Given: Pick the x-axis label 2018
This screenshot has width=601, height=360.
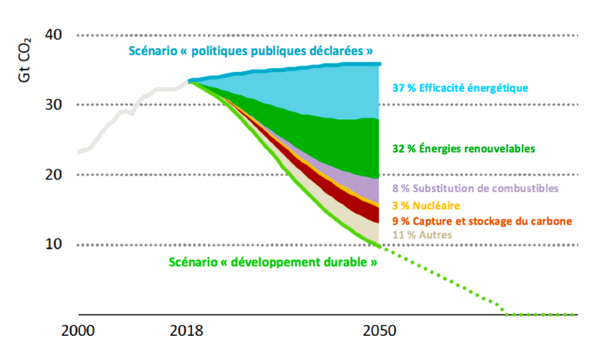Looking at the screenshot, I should (x=187, y=331).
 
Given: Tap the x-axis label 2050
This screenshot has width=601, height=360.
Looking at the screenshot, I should (x=379, y=331).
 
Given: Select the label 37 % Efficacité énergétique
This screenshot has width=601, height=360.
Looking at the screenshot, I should (x=460, y=88).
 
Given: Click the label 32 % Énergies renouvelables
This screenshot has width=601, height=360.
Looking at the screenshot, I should (x=464, y=149).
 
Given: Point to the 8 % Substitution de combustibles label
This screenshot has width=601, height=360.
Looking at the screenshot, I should (x=475, y=188).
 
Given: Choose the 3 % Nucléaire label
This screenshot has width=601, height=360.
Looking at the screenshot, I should (x=426, y=206).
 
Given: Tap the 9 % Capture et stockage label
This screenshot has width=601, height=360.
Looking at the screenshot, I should (x=482, y=221).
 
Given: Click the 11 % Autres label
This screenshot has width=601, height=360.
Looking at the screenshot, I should (x=423, y=235).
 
